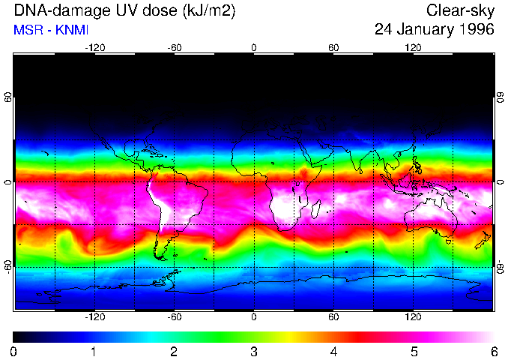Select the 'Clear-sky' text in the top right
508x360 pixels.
pos(460,10)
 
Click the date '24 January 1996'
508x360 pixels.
pos(434,30)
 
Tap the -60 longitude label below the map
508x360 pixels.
pos(175,316)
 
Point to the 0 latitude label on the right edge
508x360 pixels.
pos(500,182)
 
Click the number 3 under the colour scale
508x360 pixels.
pos(253,351)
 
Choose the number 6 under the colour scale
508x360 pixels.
pos(493,351)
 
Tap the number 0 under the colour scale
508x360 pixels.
pos(14,351)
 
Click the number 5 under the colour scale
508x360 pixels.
pos(414,351)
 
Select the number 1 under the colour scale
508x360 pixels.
pos(94,351)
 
